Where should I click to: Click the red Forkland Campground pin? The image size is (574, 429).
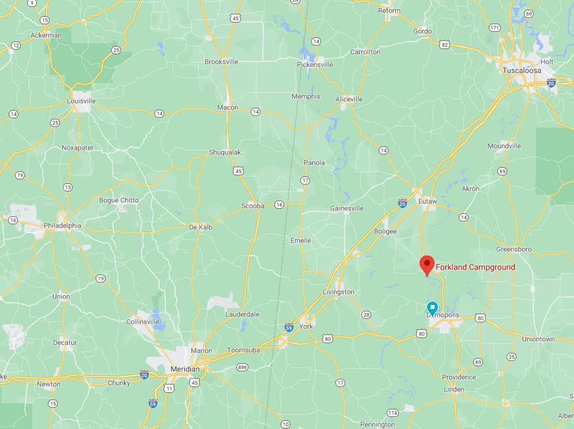coord(426,265)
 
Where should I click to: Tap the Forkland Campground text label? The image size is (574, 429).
coord(475,267)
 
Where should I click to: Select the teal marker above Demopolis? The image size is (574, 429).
coord(432,307)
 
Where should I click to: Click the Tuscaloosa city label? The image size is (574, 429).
coord(522,70)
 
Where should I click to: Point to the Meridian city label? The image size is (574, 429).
coord(185,369)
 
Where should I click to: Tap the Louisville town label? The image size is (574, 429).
coord(81,101)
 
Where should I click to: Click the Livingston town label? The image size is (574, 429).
coord(338,292)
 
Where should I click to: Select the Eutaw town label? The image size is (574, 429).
coord(427,201)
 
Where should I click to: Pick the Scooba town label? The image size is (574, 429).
coord(252,206)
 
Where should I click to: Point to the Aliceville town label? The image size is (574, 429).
coord(349,99)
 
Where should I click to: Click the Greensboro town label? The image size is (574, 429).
coord(514,249)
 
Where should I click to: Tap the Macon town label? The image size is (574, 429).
coord(228,107)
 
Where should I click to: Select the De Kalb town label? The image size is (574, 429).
coord(201,227)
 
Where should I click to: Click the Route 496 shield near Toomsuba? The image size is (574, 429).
coord(242,367)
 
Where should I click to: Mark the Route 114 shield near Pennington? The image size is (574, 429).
coord(392,413)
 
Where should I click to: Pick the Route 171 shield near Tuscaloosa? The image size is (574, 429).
coord(494,28)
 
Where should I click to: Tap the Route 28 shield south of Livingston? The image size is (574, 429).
coord(366,315)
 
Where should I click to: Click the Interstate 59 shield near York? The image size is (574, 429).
coord(289,328)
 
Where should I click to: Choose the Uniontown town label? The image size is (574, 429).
coord(538,339)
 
